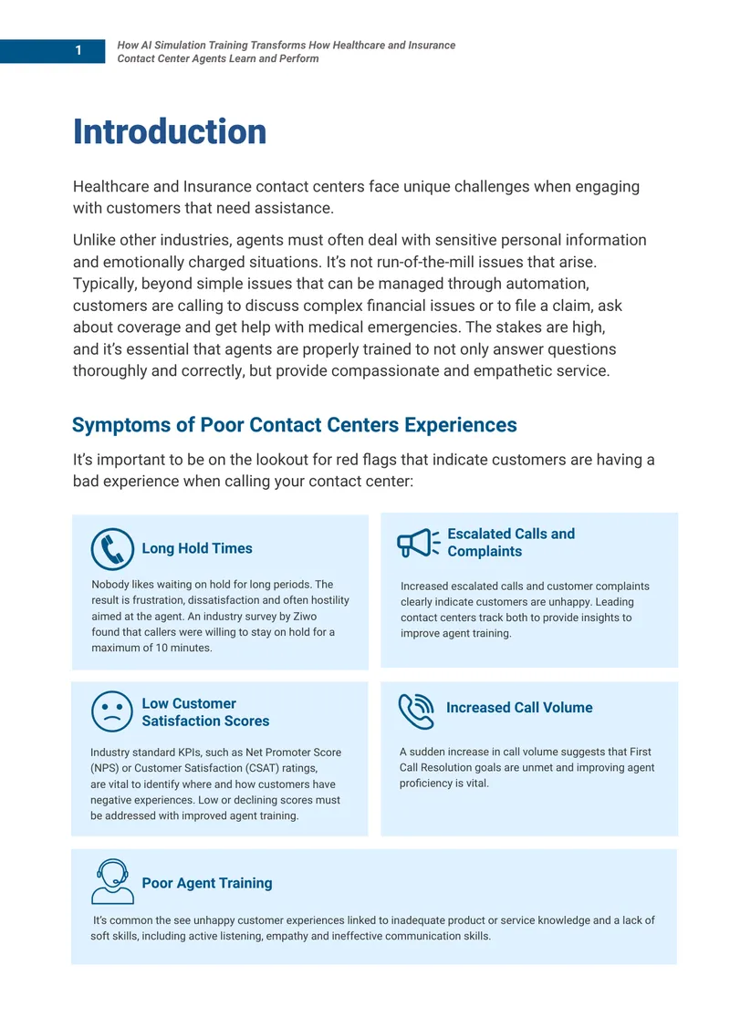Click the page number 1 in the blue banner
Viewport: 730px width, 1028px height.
click(78, 50)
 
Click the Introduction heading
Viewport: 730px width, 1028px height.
click(170, 131)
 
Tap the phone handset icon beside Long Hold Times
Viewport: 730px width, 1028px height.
click(112, 549)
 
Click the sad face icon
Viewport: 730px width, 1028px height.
click(112, 711)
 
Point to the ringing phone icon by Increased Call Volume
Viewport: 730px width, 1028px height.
click(416, 711)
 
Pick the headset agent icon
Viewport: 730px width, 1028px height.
click(112, 881)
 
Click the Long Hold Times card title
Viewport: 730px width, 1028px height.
click(197, 548)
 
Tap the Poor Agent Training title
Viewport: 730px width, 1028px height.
click(206, 883)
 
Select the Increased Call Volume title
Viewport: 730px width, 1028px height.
click(519, 708)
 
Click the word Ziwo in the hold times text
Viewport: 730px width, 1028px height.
click(305, 617)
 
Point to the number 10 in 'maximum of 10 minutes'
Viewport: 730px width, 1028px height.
click(162, 648)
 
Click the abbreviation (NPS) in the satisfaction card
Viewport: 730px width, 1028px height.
click(104, 768)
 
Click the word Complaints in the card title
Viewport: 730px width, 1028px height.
click(485, 552)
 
